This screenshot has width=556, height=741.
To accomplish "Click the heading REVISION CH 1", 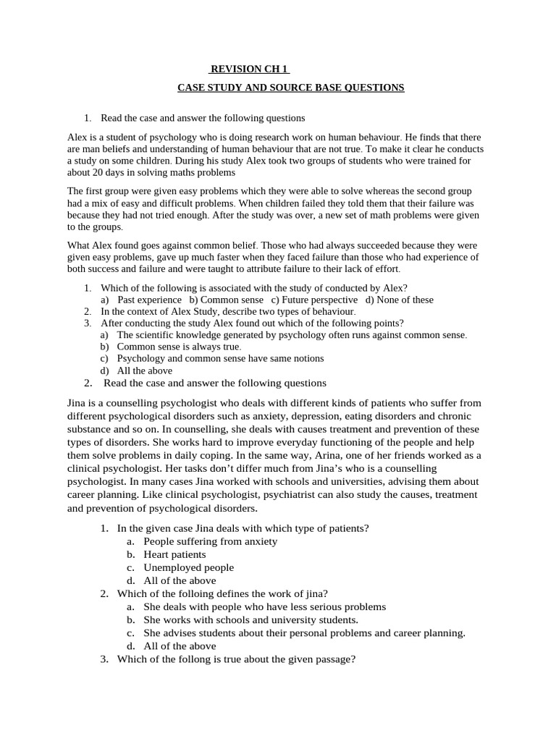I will pos(249,69).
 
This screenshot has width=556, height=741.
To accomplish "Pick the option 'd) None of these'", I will pos(400,300).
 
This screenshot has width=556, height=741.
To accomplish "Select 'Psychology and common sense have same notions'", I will pos(220,358).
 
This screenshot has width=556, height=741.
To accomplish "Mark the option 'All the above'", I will pos(145,370).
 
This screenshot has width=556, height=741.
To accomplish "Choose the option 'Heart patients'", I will pos(174,554).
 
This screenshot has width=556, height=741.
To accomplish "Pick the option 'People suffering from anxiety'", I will pos(210,541).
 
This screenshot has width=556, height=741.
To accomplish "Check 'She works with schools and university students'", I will pos(250,619).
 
